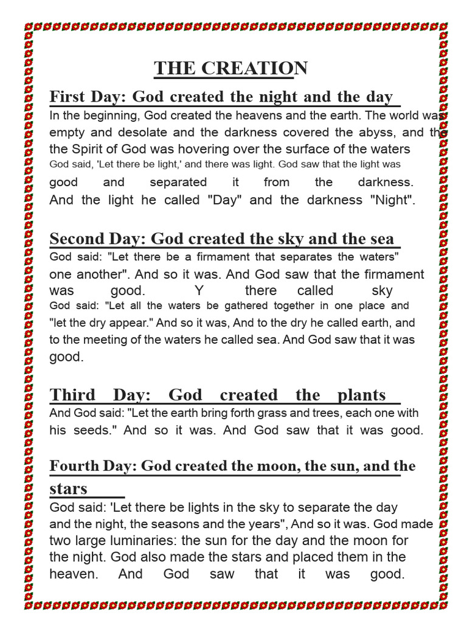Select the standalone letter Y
click(198, 291)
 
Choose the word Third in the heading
click(72, 395)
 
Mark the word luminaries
click(148, 540)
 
